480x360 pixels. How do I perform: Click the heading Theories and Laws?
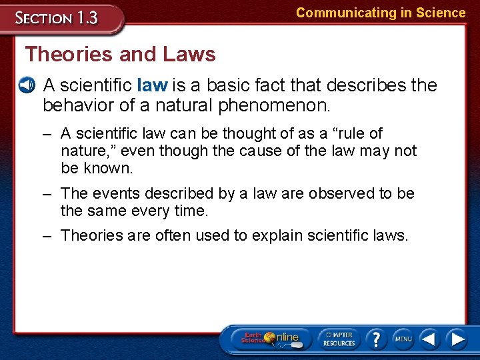[120, 54]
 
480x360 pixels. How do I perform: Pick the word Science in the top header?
[440, 13]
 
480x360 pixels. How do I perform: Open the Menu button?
[403, 339]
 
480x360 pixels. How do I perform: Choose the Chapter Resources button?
[339, 339]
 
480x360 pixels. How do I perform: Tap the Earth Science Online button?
[270, 339]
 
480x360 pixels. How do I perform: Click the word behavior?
[75, 105]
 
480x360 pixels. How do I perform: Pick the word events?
[113, 193]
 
